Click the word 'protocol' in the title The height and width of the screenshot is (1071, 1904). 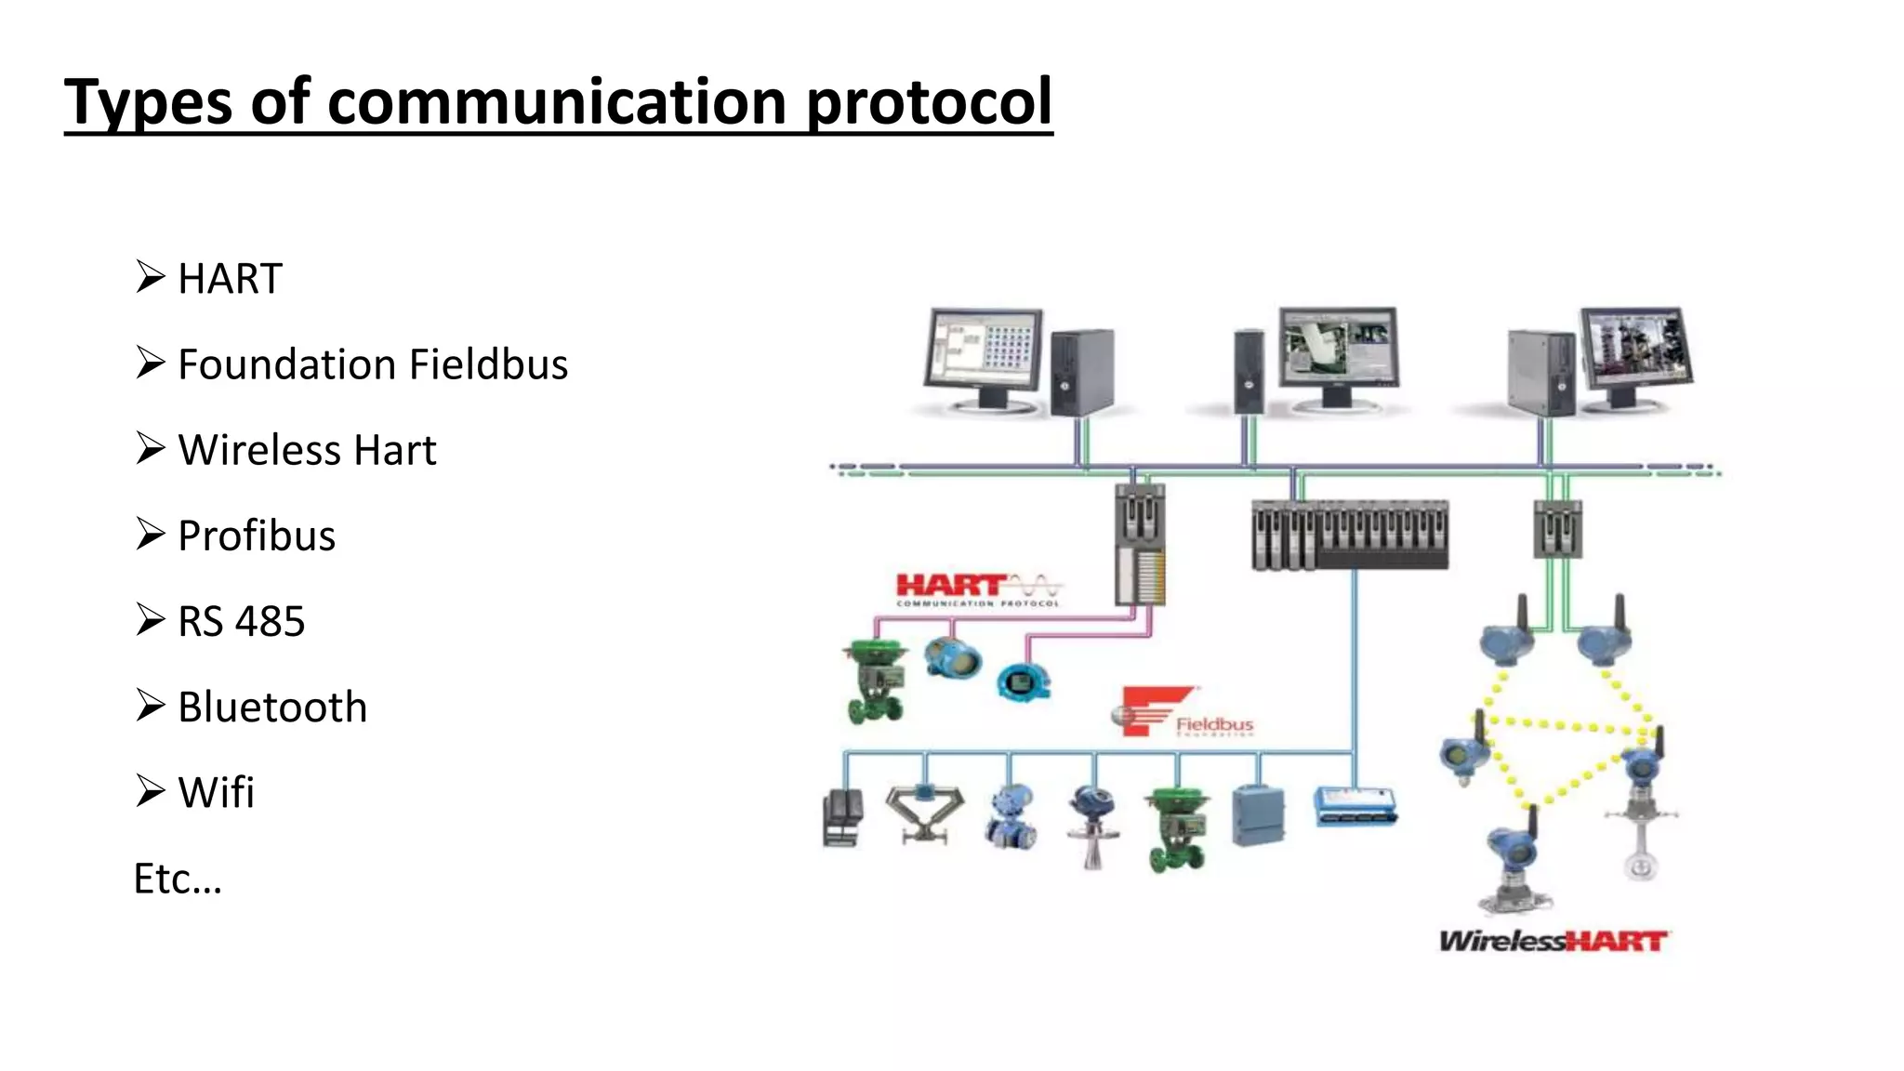pyautogui.click(x=929, y=102)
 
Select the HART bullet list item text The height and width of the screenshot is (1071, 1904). pyautogui.click(x=230, y=279)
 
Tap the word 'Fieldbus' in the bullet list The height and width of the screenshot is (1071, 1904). pyautogui.click(x=489, y=364)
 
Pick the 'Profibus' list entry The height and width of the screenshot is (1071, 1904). pyautogui.click(x=257, y=536)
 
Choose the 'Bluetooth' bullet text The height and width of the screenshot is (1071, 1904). pyautogui.click(x=272, y=707)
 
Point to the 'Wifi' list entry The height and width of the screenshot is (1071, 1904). pyautogui.click(x=216, y=793)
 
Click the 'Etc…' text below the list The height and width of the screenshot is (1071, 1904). pyautogui.click(x=178, y=879)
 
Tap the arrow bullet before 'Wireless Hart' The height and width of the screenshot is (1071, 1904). pyautogui.click(x=150, y=448)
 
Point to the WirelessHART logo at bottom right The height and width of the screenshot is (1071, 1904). pyautogui.click(x=1554, y=942)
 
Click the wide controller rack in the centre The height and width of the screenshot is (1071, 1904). pyautogui.click(x=1350, y=535)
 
